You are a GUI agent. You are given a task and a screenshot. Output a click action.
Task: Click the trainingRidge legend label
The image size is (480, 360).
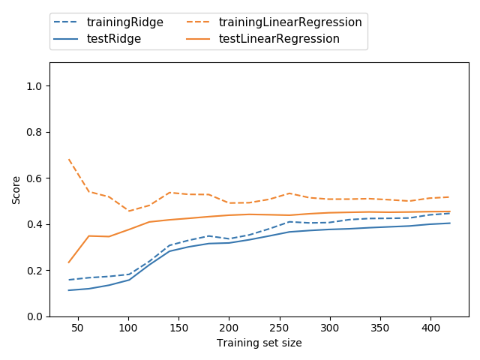click(124, 22)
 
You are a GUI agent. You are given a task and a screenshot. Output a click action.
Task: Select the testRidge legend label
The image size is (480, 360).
click(113, 39)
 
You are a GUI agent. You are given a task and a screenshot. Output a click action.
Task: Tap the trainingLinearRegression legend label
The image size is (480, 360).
click(290, 22)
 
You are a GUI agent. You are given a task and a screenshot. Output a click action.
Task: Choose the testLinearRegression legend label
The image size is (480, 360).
click(279, 39)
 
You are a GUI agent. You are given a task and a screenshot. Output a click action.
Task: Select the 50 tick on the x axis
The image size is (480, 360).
click(78, 328)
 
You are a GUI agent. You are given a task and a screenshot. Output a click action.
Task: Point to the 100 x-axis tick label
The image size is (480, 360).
click(128, 328)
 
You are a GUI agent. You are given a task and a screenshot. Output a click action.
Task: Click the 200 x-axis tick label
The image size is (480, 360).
click(229, 328)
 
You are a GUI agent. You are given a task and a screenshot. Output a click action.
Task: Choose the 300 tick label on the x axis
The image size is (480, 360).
click(330, 328)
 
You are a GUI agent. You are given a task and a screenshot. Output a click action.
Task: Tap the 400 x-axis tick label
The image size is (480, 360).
click(430, 328)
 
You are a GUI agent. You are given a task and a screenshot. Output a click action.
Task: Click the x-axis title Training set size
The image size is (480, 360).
click(259, 343)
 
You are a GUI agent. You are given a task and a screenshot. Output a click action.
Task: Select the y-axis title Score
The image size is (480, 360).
click(16, 190)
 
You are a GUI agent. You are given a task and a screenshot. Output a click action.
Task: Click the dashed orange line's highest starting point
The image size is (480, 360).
click(69, 159)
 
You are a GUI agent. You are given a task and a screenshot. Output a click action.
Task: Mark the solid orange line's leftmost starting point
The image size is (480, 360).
click(69, 262)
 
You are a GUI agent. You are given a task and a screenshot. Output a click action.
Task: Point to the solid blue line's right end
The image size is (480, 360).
click(450, 223)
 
